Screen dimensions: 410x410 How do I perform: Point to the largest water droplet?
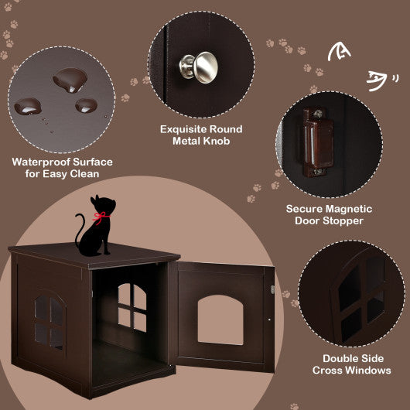click(65, 78)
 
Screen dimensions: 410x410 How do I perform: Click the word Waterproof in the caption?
click(39, 162)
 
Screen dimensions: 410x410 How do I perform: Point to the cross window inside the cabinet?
click(132, 307)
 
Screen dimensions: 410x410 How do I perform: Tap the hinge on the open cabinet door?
click(270, 289)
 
